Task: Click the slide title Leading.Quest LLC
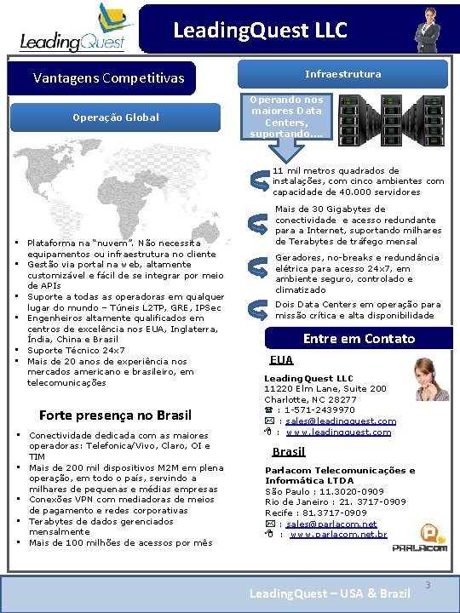point(260,32)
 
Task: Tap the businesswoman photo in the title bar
point(427,29)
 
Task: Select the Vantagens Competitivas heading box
point(108,78)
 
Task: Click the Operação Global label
point(115,117)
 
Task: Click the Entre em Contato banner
point(359,338)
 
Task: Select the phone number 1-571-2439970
point(319,410)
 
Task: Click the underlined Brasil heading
point(288,452)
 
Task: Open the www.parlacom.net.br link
point(338,535)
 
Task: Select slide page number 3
point(427,585)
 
